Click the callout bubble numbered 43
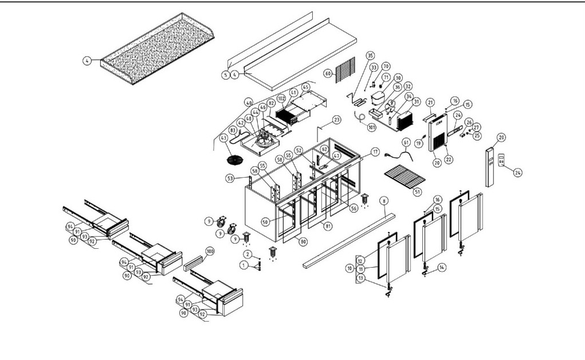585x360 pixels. tap(223, 138)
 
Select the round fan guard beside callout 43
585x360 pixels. tap(234, 158)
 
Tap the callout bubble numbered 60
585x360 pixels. tap(328, 73)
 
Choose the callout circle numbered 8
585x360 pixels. tap(384, 200)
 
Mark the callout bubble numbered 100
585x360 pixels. tap(210, 252)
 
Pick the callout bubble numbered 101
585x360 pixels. tap(371, 127)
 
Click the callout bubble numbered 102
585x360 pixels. tap(281, 98)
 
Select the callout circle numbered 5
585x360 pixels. tap(226, 75)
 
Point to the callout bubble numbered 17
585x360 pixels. tap(375, 152)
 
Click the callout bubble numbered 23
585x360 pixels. tap(336, 120)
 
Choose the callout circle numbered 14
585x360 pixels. tap(441, 267)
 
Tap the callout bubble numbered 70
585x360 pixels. tap(386, 66)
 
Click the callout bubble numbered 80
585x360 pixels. tap(303, 241)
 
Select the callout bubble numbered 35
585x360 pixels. tap(370, 56)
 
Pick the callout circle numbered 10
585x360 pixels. tap(349, 268)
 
